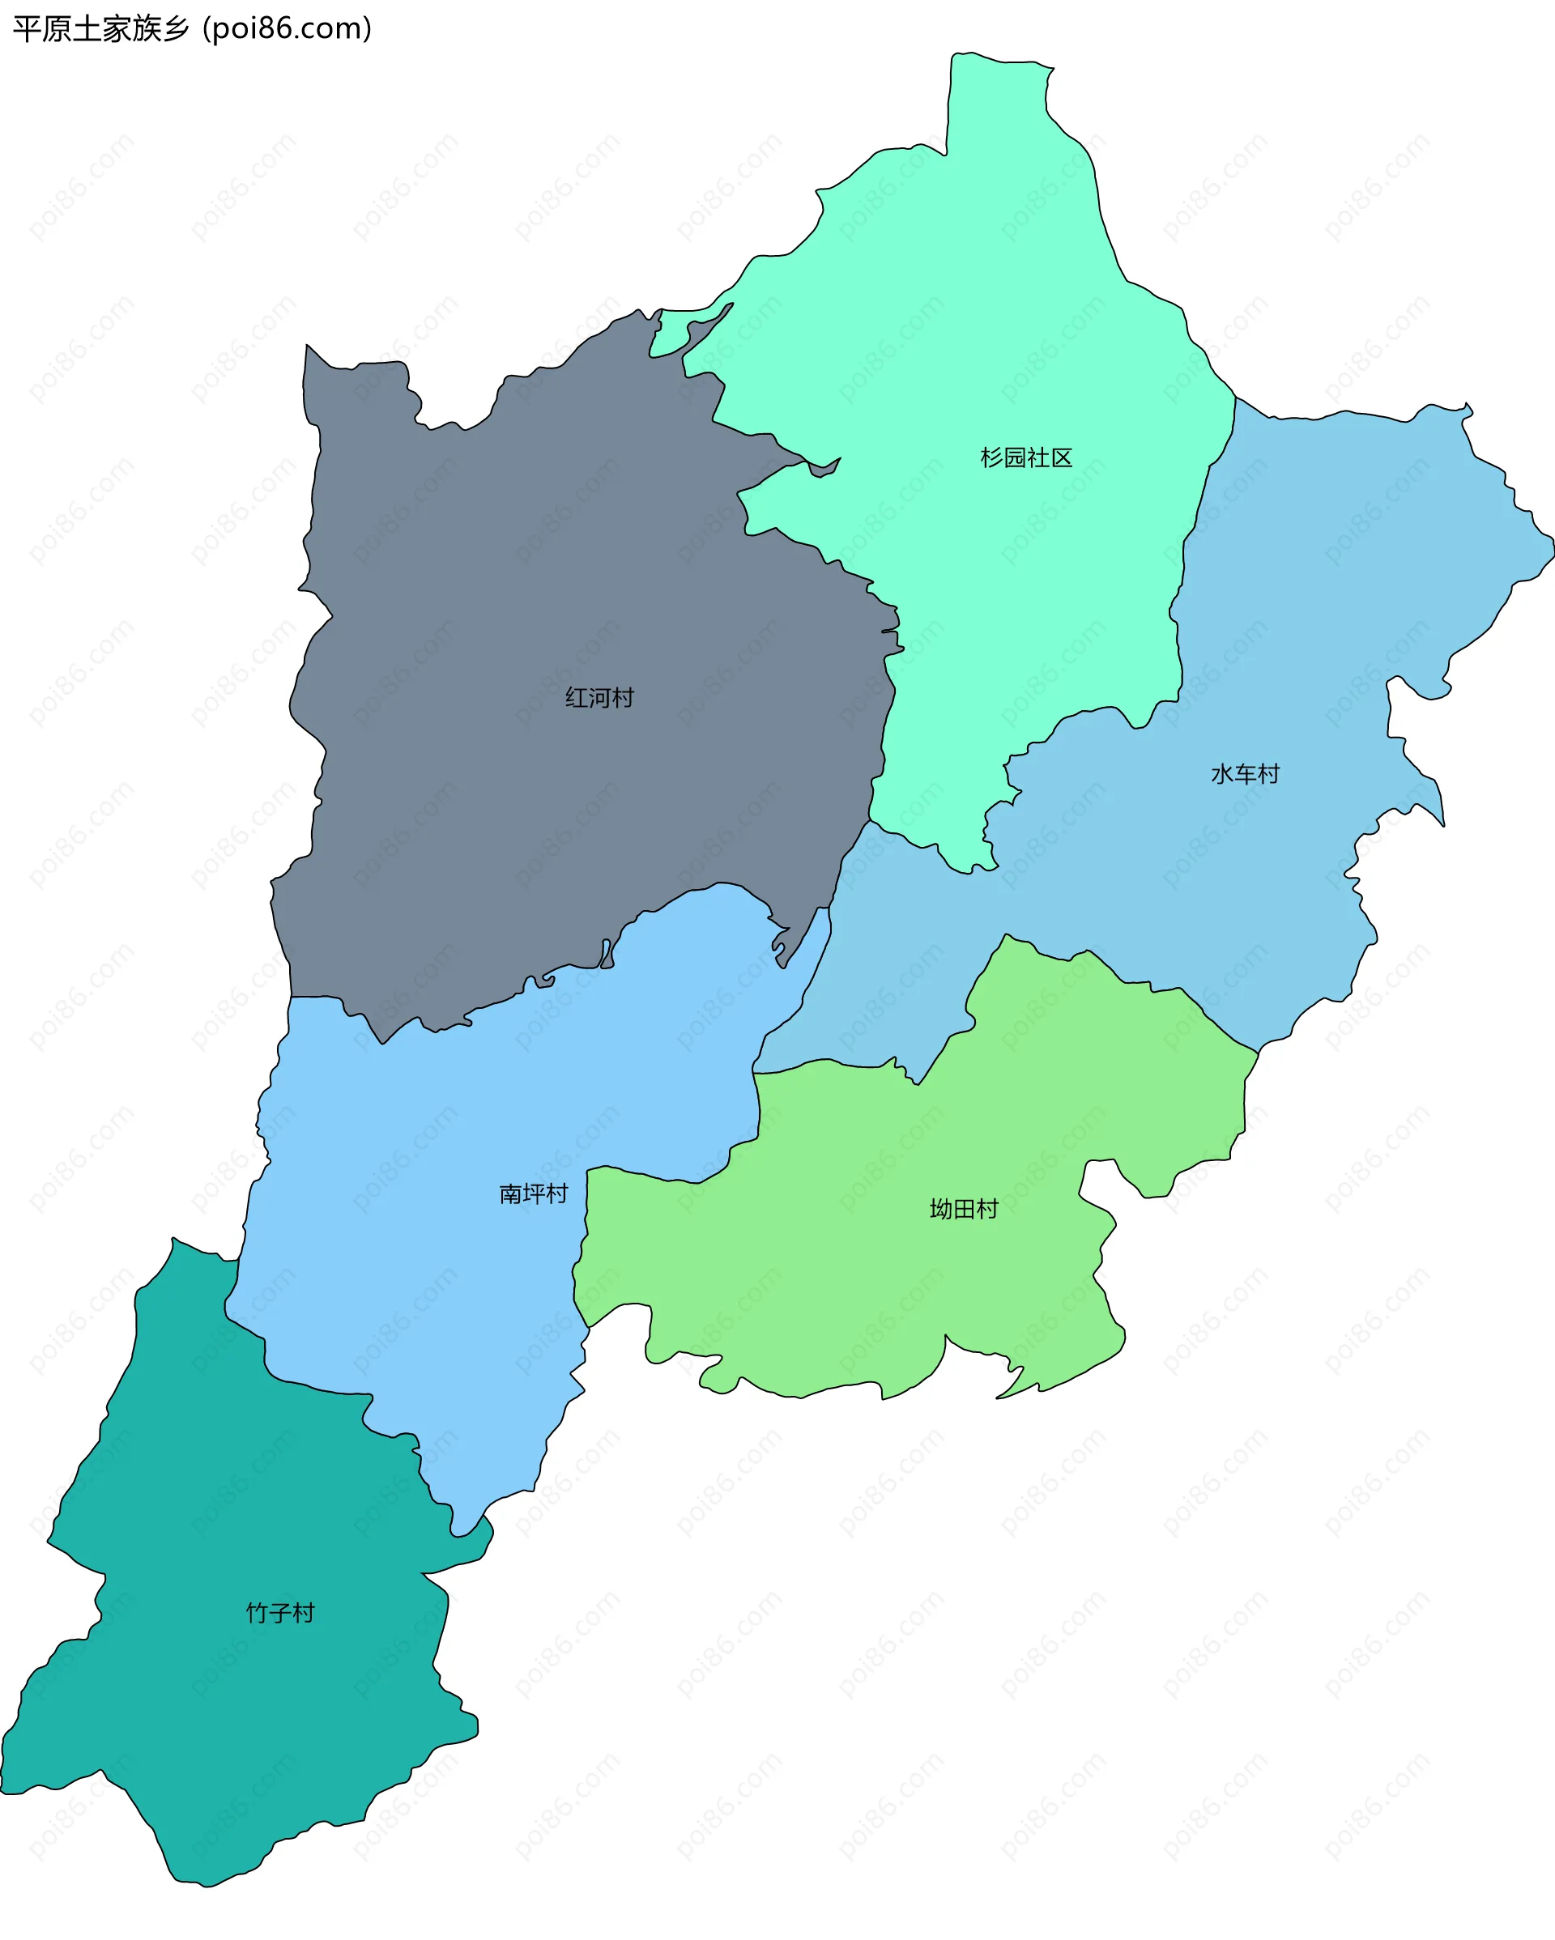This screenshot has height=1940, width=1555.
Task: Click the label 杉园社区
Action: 1026,458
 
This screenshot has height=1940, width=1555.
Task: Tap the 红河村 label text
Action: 599,697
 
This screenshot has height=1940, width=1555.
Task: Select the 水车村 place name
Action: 1245,774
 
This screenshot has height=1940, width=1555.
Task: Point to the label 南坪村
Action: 534,1194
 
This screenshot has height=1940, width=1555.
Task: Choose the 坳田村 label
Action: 964,1208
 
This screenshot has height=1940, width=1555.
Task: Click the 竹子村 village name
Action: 280,1612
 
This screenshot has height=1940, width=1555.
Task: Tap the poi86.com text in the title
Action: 287,29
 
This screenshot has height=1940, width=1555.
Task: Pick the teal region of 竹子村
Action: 225,1710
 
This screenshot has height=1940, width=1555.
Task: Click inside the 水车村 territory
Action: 1305,630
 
